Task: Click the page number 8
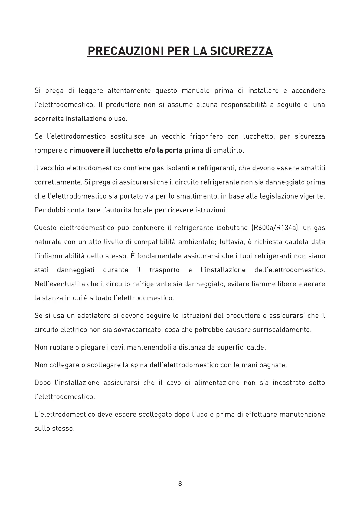180,484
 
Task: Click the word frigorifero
206,136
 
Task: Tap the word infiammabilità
59,256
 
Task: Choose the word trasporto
165,270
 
